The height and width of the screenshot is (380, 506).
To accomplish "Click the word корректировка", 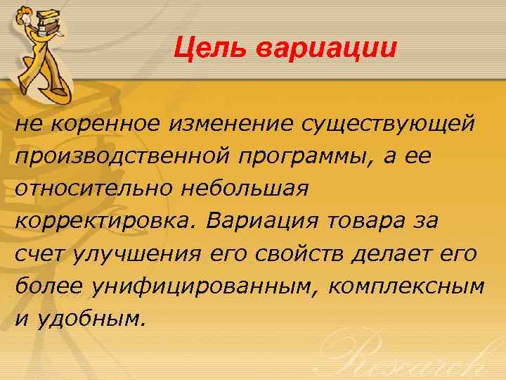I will (108, 221).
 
